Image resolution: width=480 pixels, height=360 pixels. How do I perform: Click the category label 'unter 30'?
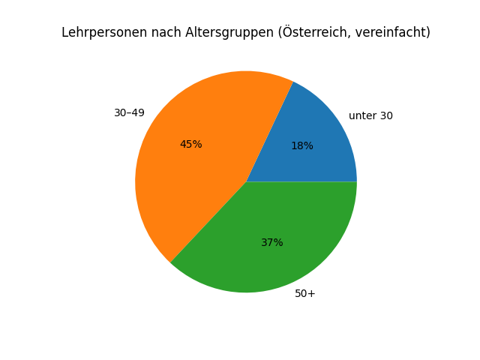tap(370, 116)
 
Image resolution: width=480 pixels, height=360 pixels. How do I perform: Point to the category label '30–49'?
tap(129, 113)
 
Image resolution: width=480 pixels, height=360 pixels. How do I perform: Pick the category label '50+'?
tap(305, 294)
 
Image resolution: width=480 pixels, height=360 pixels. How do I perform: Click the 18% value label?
tap(302, 146)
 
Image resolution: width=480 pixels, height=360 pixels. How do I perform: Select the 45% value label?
tap(190, 145)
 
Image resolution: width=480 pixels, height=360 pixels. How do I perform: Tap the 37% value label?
tap(272, 243)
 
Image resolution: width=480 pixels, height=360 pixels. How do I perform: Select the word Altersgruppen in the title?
tap(212, 33)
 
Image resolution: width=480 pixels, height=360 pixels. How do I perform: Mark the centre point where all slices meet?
tap(246, 181)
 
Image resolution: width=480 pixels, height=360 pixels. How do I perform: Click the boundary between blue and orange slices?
tap(270, 131)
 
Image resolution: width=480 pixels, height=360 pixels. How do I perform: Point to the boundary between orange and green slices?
tap(208, 223)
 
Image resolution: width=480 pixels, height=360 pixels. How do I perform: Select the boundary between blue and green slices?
tap(301, 181)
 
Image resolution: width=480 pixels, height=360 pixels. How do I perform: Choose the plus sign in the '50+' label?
tap(312, 294)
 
